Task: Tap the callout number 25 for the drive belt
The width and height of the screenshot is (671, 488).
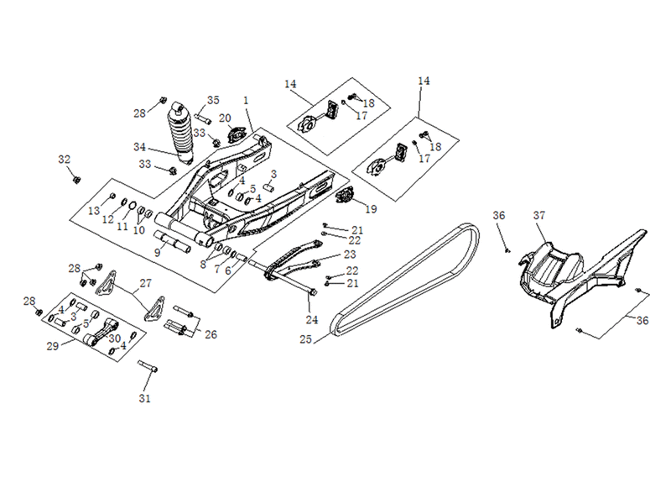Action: pos(305,339)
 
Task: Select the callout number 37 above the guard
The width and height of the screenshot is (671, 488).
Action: pos(539,215)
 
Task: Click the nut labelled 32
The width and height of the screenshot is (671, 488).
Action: pos(77,180)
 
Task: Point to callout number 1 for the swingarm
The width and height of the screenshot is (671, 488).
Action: pos(246,100)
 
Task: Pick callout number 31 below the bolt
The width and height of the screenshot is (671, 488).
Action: pos(144,398)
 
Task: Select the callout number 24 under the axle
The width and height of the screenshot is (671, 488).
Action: pos(311,320)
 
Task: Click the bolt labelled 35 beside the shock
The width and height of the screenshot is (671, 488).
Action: pos(203,118)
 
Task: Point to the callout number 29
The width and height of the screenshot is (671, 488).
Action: pos(52,346)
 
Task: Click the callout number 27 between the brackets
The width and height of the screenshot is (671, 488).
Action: pos(145,283)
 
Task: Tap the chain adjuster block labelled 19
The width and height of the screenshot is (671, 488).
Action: pos(345,197)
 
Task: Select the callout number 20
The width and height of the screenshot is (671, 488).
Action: pos(225,118)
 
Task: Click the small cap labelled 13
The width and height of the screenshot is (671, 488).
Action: pos(112,196)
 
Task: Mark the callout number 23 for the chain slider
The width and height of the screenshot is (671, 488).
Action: pos(350,254)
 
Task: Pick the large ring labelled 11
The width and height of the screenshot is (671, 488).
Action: pos(133,205)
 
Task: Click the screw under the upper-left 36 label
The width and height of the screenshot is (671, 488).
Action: pos(508,250)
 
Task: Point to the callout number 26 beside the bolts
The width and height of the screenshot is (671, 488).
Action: pos(211,334)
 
